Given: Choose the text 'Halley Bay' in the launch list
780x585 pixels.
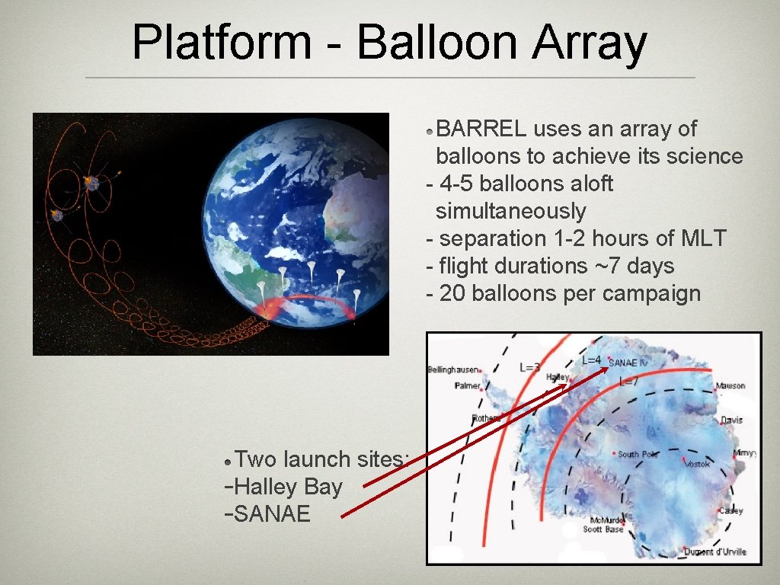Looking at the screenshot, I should pos(289,487).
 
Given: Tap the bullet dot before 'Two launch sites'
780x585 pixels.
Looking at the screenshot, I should pos(228,461).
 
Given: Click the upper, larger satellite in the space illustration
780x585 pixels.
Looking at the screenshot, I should pos(91,183).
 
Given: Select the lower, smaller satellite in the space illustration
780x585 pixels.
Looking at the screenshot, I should pos(57,216).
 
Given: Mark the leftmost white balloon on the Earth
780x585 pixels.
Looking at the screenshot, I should pos(261,288).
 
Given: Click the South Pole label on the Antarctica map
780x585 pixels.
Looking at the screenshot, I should pos(638,454).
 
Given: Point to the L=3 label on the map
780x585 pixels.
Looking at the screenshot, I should pos(530,367).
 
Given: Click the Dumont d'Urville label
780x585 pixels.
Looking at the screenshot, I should pos(714,551).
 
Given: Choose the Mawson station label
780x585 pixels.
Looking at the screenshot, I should pos(730,386).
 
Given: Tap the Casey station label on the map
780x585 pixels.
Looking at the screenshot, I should pos(730,510).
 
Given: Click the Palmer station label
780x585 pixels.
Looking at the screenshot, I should pos(467,385).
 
